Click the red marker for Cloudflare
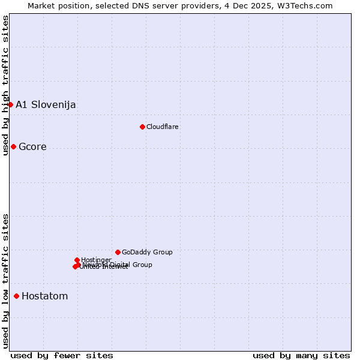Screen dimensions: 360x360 [142, 127]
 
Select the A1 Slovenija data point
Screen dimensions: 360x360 [10, 104]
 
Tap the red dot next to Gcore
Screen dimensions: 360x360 [13, 146]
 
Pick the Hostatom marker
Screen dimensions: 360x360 [16, 296]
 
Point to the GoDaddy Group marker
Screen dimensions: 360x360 [118, 252]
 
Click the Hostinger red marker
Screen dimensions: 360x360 [77, 260]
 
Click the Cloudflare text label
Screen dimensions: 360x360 [163, 127]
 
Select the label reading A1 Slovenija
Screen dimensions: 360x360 [46, 105]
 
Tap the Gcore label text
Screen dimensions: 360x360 [32, 147]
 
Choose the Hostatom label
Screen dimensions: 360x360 [45, 296]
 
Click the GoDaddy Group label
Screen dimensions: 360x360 [147, 253]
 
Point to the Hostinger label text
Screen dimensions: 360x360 [96, 260]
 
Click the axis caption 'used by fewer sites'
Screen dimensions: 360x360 [62, 355]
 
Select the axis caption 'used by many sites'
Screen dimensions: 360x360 [301, 355]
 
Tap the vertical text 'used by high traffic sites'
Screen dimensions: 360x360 [5, 85]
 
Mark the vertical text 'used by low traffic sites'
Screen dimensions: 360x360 [5, 281]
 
